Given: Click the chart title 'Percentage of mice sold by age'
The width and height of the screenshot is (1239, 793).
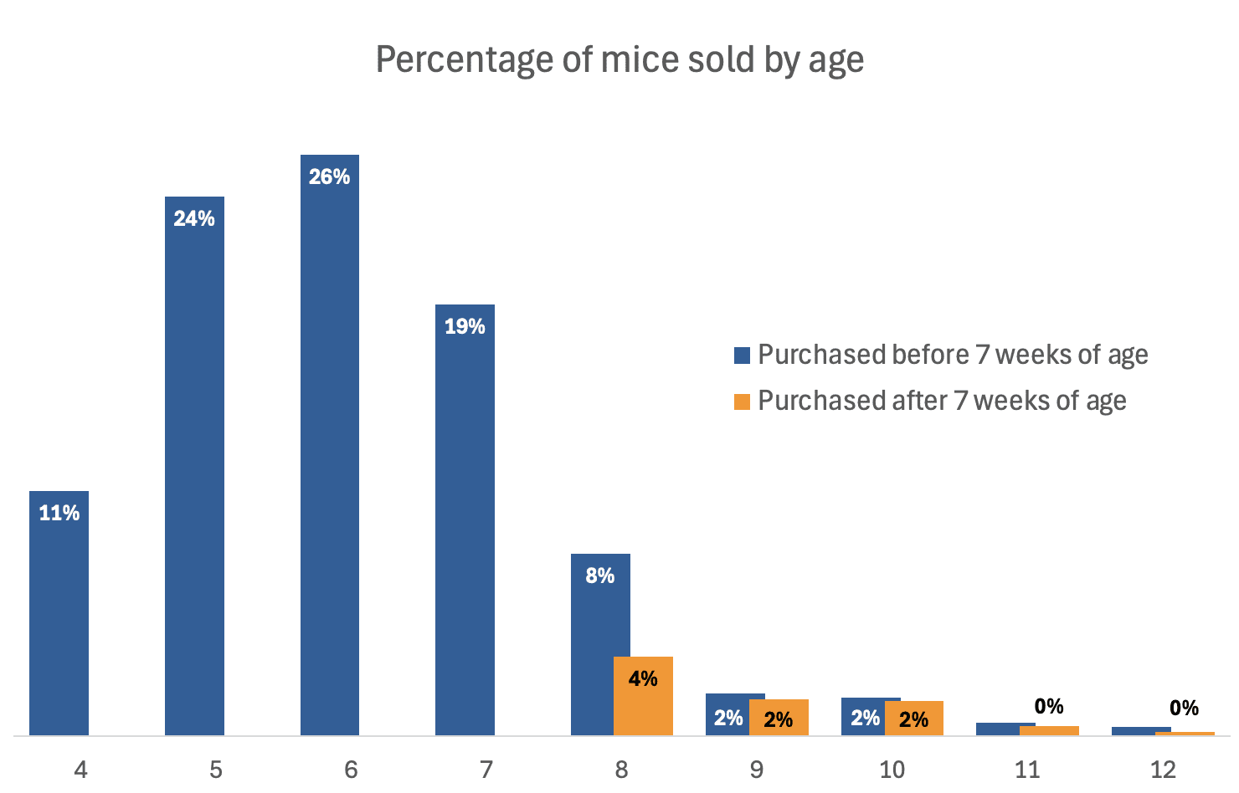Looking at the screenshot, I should [619, 60].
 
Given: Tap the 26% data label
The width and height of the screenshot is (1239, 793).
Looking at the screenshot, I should [330, 177].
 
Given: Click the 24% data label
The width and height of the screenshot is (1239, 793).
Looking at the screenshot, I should [194, 218].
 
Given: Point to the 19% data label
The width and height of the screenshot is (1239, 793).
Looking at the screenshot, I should [465, 326].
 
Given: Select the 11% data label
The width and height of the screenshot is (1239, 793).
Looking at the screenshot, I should [59, 513].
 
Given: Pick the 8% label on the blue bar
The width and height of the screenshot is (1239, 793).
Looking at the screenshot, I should [600, 576].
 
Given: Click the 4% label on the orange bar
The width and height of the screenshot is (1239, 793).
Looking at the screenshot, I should [643, 678].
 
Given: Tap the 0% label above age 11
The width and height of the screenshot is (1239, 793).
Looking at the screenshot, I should [1049, 707].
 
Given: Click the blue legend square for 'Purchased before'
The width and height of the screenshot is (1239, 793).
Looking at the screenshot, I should [742, 356].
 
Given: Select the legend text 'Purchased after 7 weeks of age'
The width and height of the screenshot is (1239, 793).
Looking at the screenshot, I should [942, 401].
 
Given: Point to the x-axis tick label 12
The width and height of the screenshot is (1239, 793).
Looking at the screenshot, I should [1163, 770].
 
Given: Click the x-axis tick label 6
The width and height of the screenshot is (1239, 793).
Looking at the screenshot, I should [351, 770].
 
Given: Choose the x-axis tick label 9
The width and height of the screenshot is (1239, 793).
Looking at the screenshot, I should [757, 770].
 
